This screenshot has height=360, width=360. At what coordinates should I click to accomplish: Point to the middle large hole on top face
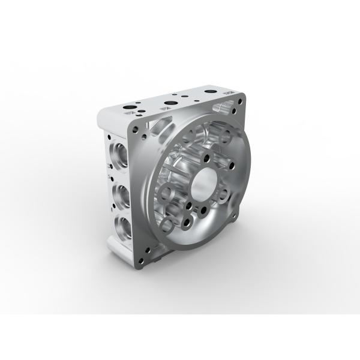point(170,103)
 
